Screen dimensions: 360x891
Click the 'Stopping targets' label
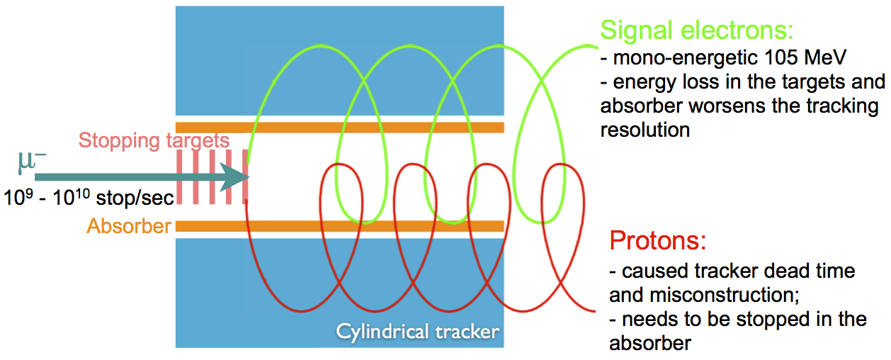pyautogui.click(x=154, y=140)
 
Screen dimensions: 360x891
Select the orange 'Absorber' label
pyautogui.click(x=129, y=227)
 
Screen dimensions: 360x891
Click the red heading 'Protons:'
pyautogui.click(x=658, y=241)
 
